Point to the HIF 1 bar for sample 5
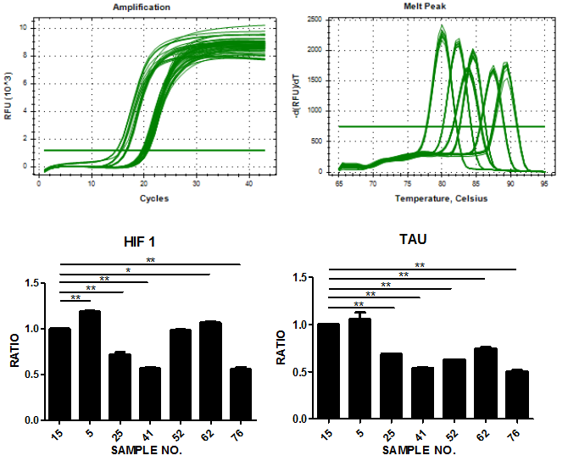[x=90, y=365]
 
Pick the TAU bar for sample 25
[x=391, y=386]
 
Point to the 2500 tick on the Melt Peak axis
[x=315, y=19]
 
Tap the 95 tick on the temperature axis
[x=543, y=184]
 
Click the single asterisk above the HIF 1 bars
[x=127, y=269]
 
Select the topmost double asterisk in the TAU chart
[x=419, y=265]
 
